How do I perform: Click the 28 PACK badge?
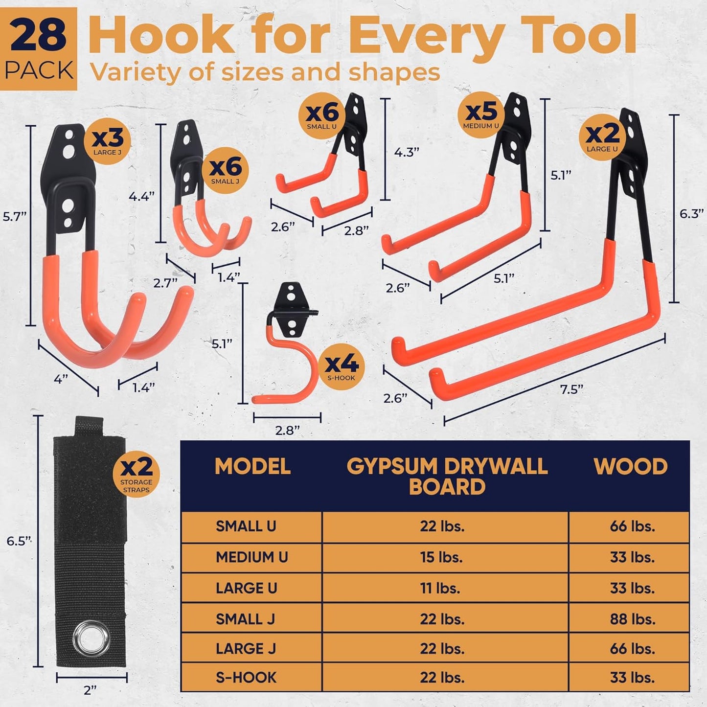pyautogui.click(x=39, y=49)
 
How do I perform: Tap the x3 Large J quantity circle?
pyautogui.click(x=107, y=141)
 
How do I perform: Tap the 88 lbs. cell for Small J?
pyautogui.click(x=632, y=619)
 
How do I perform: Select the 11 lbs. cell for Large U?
pyautogui.click(x=440, y=588)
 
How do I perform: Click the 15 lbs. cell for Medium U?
pyautogui.click(x=441, y=557)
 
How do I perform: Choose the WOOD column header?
pyautogui.click(x=630, y=467)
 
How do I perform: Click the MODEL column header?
pyautogui.click(x=252, y=467)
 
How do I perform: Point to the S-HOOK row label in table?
pyautogui.click(x=246, y=678)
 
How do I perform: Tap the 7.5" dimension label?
pyautogui.click(x=571, y=389)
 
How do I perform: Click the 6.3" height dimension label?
pyautogui.click(x=691, y=214)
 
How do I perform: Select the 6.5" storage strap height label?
pyautogui.click(x=19, y=541)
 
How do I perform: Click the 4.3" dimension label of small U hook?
pyautogui.click(x=407, y=152)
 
